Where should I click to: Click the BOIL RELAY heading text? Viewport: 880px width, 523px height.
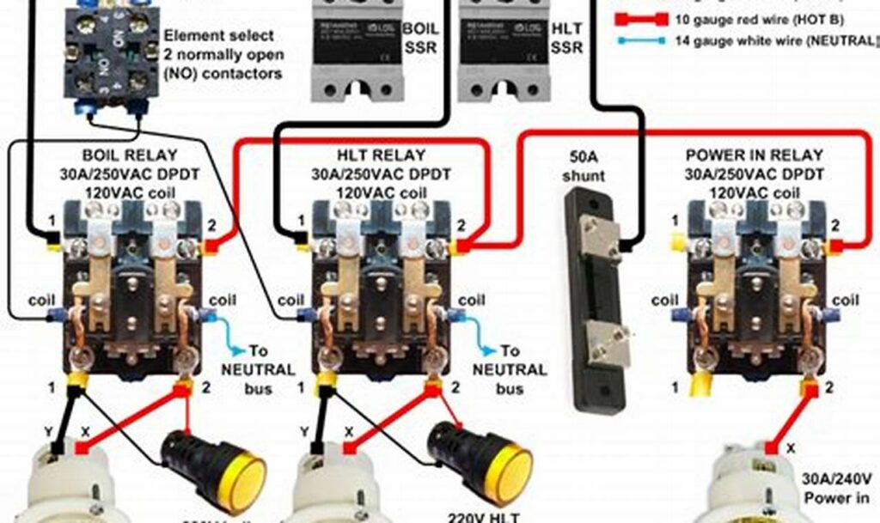130,155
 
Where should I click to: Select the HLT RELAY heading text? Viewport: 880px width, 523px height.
380,155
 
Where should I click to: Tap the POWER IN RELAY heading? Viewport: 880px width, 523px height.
754,155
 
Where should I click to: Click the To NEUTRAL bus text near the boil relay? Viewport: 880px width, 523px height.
258,369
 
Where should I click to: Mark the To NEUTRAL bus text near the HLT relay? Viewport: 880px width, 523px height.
510,369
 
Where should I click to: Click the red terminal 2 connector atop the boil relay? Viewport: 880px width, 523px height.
210,246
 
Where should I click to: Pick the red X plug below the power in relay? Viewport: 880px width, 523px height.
771,447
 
